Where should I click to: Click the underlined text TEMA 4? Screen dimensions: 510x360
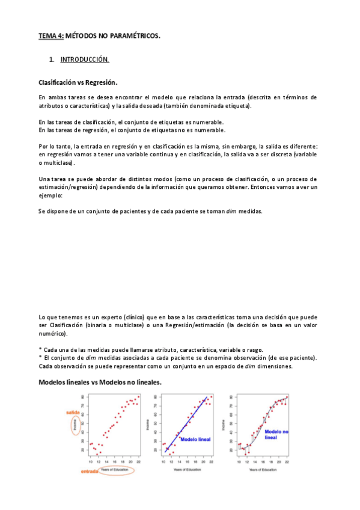click(x=50, y=36)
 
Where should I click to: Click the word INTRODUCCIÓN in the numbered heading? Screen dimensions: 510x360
click(x=85, y=60)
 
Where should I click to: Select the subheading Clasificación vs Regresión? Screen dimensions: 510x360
click(x=78, y=82)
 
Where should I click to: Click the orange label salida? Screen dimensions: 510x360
click(x=74, y=413)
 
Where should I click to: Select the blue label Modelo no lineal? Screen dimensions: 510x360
click(x=276, y=434)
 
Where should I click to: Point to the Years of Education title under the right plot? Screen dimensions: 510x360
click(x=262, y=469)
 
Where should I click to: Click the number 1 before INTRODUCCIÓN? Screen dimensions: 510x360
click(x=52, y=60)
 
